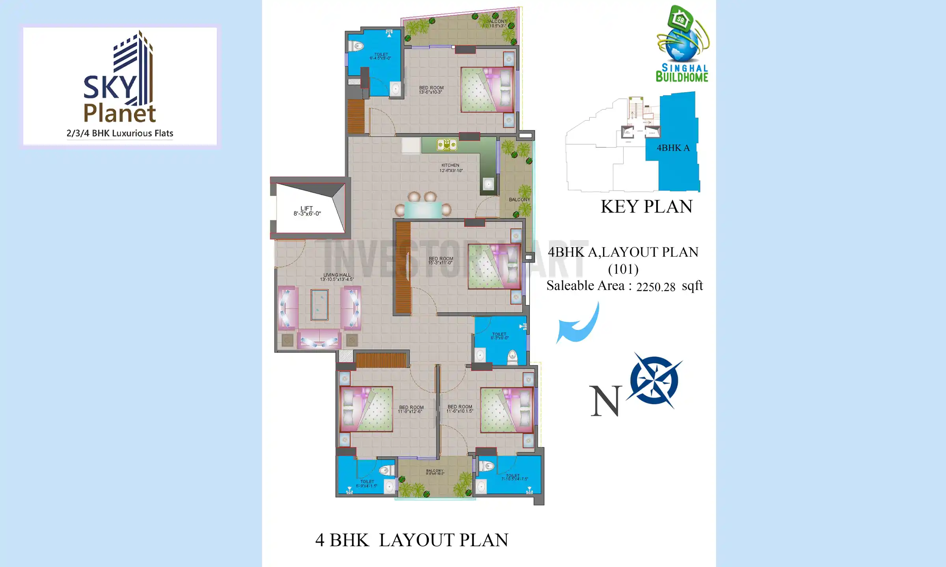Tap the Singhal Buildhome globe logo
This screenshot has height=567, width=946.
pos(682,43)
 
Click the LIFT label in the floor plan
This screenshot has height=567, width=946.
pos(307,211)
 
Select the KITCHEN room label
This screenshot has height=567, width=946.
pos(451,168)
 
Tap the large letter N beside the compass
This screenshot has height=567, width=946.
pos(605,401)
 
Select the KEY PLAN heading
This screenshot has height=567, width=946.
pos(646,207)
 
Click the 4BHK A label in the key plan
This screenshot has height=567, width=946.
pos(673,148)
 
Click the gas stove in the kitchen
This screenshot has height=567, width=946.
pos(447,145)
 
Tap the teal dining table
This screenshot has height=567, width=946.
pos(423,210)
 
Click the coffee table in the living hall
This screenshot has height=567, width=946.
pos(319,305)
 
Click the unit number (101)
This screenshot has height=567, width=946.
pos(623,269)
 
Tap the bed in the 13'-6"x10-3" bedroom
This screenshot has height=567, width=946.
pos(487,90)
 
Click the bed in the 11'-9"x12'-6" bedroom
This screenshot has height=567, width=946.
pos(366,409)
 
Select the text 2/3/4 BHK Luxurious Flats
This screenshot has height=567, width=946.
pos(120,133)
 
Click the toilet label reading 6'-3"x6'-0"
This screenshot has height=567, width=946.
pos(499,336)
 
